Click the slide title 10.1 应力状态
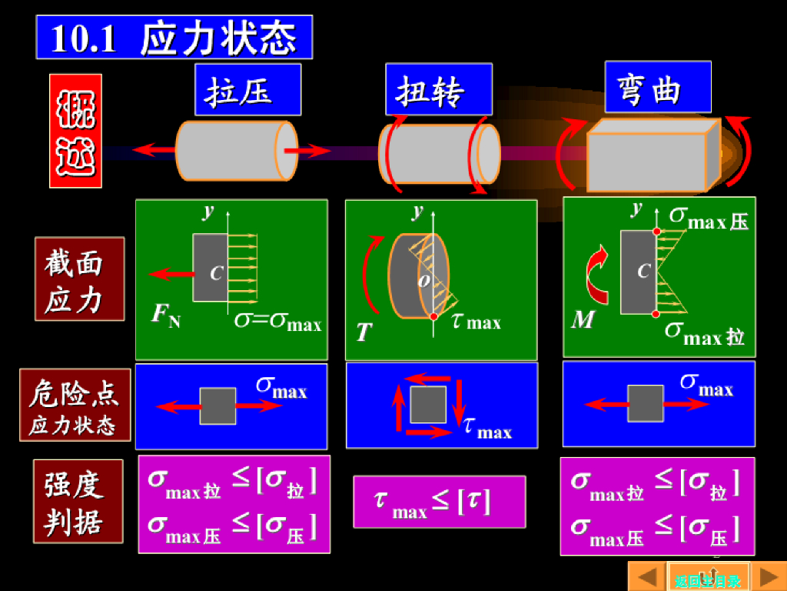(174, 37)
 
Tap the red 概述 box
(75, 131)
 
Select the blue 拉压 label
(247, 90)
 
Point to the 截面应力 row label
(79, 279)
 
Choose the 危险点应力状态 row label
(75, 405)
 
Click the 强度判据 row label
(78, 501)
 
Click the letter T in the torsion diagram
(364, 332)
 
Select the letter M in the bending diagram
(583, 319)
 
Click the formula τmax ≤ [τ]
(439, 502)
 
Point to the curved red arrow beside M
(596, 275)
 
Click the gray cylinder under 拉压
(235, 151)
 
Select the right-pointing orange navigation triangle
(768, 576)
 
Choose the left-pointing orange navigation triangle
(647, 576)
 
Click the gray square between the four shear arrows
(428, 405)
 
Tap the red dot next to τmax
(433, 316)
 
